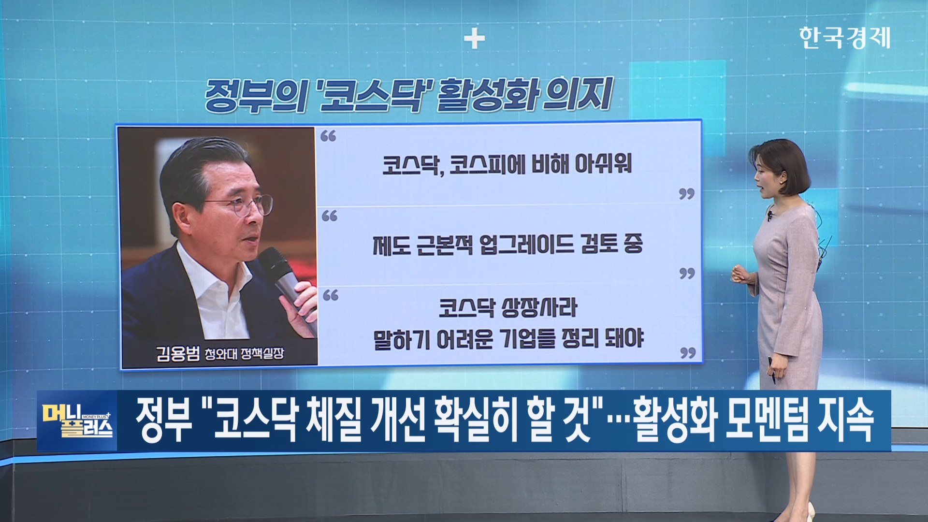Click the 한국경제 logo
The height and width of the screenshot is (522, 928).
click(x=844, y=38)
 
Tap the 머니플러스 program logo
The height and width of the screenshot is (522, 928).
click(x=77, y=420)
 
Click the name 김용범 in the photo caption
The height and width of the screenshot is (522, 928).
click(x=177, y=353)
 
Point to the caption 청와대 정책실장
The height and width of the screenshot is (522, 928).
click(x=244, y=354)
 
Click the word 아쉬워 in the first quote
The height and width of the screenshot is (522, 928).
click(x=603, y=164)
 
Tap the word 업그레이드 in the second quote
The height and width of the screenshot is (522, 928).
click(x=526, y=244)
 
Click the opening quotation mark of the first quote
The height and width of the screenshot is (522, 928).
click(x=328, y=136)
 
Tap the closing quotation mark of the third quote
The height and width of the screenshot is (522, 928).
click(x=688, y=353)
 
